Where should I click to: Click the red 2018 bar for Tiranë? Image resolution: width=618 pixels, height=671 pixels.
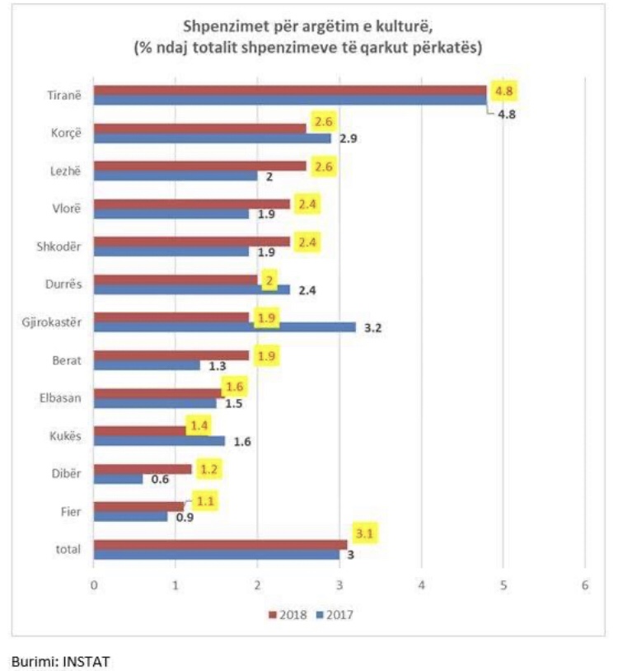[288, 91]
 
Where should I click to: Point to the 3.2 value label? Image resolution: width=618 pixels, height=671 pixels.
[372, 328]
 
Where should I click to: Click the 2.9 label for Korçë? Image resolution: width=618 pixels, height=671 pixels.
[347, 138]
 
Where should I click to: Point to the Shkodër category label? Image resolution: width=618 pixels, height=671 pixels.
[59, 247]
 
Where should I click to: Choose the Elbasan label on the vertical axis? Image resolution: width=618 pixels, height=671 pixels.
[60, 398]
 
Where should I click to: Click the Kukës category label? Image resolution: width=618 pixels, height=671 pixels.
[63, 435]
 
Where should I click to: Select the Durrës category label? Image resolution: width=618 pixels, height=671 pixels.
[63, 284]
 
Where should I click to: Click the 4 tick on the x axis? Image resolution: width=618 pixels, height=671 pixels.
[421, 585]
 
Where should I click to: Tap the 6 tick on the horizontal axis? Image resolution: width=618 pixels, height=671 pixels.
[585, 585]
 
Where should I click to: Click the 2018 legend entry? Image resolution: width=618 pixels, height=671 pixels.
[288, 614]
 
